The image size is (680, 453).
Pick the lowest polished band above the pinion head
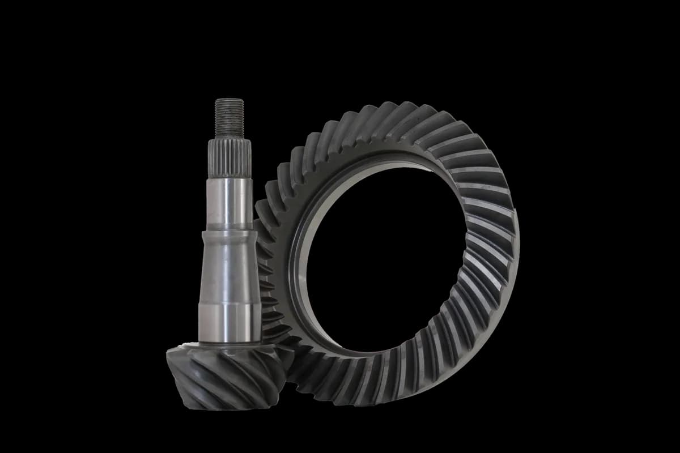click(229, 323)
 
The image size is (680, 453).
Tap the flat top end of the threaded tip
click(229, 100)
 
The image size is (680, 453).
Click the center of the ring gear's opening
click(385, 255)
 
